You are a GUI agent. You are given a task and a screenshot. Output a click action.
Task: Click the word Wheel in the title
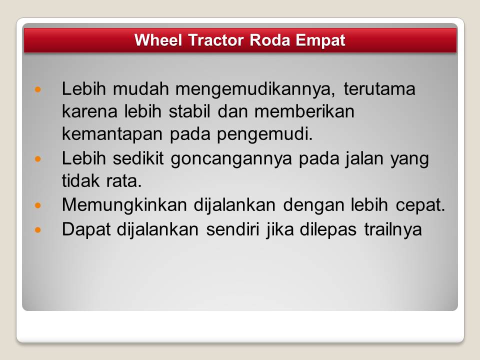click(x=158, y=40)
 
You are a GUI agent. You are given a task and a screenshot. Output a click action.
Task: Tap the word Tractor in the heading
click(x=216, y=40)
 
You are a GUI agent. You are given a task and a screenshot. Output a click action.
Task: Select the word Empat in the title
click(x=320, y=40)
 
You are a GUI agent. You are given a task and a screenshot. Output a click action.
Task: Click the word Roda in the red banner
click(x=269, y=40)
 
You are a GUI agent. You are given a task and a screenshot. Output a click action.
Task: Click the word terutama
click(x=379, y=89)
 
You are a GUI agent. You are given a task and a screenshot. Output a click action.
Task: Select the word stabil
click(x=189, y=111)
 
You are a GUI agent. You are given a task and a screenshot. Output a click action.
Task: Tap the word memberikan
click(x=304, y=111)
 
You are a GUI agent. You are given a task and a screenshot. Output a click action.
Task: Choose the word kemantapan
click(x=112, y=134)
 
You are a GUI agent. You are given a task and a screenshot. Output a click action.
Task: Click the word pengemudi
click(x=265, y=134)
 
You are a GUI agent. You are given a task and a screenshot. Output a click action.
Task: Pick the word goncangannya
click(x=231, y=159)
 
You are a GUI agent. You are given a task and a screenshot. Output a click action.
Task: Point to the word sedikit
click(x=138, y=158)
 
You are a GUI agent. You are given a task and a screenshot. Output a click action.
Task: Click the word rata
click(x=124, y=181)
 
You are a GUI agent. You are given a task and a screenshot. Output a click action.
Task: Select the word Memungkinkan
click(x=124, y=205)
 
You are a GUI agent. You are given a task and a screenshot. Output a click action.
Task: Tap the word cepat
click(x=420, y=205)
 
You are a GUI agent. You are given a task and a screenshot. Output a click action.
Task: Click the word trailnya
click(x=393, y=229)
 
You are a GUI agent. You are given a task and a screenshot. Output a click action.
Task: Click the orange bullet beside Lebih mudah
click(x=38, y=89)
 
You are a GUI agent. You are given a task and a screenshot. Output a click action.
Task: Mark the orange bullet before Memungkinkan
click(x=38, y=205)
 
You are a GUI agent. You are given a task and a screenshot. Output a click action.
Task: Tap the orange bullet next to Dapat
click(x=38, y=229)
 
